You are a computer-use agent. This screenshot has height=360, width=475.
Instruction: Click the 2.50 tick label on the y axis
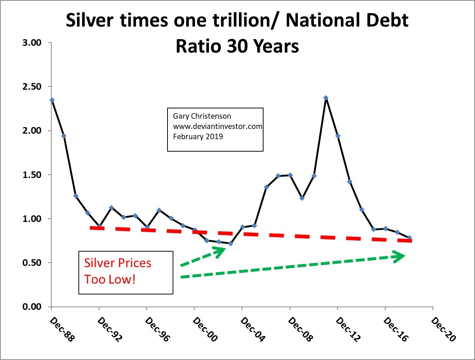pyautogui.click(x=32, y=87)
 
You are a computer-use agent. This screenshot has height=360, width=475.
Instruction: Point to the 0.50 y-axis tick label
pyautogui.click(x=32, y=263)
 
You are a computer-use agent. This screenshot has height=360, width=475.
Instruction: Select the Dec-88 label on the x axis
pyautogui.click(x=62, y=329)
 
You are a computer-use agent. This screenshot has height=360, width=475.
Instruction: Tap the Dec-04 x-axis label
pyautogui.click(x=252, y=329)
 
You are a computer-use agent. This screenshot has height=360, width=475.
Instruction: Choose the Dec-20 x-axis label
pyautogui.click(x=443, y=329)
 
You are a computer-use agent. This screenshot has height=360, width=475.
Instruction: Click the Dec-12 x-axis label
pyautogui.click(x=347, y=329)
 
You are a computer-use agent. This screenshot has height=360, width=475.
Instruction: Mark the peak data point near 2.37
pyautogui.click(x=326, y=98)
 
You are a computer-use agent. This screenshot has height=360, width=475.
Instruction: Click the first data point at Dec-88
pyautogui.click(x=52, y=100)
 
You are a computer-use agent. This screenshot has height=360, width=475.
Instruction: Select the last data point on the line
pyautogui.click(x=409, y=238)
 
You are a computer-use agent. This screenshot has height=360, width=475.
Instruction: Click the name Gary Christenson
pyautogui.click(x=202, y=116)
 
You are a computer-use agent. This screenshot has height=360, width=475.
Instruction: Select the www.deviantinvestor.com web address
pyautogui.click(x=217, y=126)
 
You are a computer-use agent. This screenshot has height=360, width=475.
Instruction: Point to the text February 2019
pyautogui.click(x=198, y=137)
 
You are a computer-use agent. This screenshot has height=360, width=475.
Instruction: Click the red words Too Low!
pyautogui.click(x=110, y=279)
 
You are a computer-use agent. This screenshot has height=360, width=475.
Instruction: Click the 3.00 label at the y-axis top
pyautogui.click(x=32, y=43)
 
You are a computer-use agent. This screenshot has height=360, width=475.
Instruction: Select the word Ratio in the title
pyautogui.click(x=198, y=47)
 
